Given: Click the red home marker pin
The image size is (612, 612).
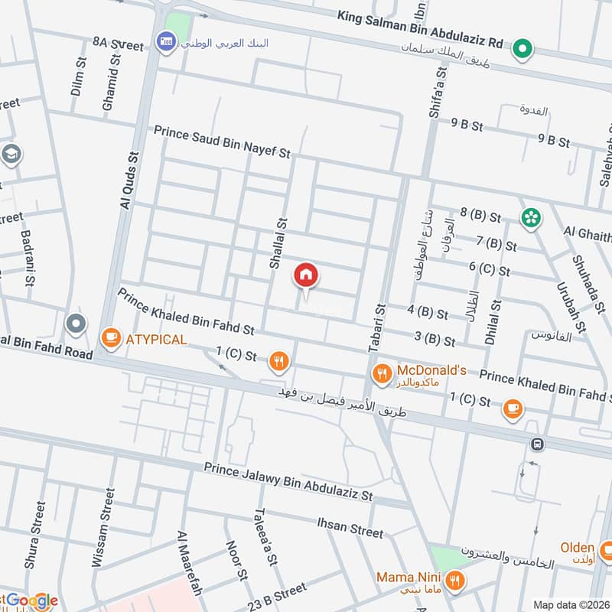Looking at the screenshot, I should (x=306, y=275).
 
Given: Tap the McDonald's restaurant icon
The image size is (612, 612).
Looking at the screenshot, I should (x=381, y=373).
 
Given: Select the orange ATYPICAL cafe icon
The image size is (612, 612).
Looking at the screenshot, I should (x=111, y=337).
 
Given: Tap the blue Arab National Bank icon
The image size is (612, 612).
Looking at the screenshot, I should (x=164, y=41).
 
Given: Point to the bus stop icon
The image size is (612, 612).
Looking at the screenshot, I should (x=538, y=444).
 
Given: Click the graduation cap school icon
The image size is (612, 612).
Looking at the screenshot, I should (x=11, y=154).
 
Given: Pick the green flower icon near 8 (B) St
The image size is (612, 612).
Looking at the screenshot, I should (x=530, y=218).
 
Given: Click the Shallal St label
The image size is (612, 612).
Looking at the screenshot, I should (x=277, y=242).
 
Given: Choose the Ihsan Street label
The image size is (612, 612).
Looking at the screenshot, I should (x=350, y=526).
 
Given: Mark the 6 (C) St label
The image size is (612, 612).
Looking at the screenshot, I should (x=490, y=270).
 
